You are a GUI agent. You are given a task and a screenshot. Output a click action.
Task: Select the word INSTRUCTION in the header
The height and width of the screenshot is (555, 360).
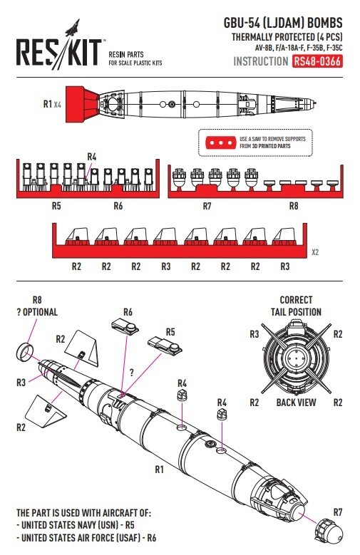260,61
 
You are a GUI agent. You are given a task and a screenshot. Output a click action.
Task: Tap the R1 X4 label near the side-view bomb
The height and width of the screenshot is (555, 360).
52,104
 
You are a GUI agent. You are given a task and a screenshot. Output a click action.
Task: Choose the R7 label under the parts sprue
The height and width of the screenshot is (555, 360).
207,206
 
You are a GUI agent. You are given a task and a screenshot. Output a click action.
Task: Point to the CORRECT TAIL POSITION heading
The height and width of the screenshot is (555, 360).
299,306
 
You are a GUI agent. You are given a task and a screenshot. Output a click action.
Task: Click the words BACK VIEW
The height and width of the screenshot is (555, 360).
296,403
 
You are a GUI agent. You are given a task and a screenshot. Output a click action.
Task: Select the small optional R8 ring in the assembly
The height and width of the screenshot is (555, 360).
24,350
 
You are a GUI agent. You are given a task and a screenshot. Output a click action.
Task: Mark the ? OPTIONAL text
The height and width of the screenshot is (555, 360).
36,312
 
